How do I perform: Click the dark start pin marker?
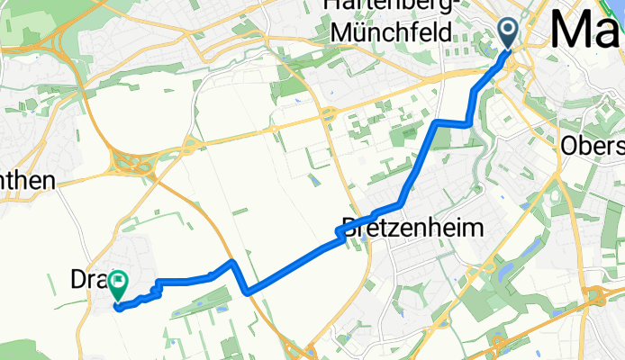(508, 33)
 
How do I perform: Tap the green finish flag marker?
(118, 286)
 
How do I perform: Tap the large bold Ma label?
(585, 29)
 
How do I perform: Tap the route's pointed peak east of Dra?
(232, 262)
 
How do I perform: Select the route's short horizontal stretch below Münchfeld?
(452, 122)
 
